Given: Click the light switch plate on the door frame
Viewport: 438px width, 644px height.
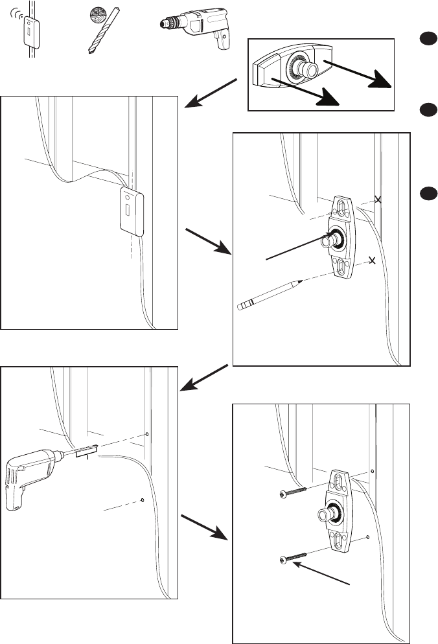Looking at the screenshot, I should (133, 209).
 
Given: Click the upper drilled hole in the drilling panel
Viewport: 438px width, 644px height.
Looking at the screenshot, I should (148, 434).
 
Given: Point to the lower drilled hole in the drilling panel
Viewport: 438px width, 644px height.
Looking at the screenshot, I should (143, 500).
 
